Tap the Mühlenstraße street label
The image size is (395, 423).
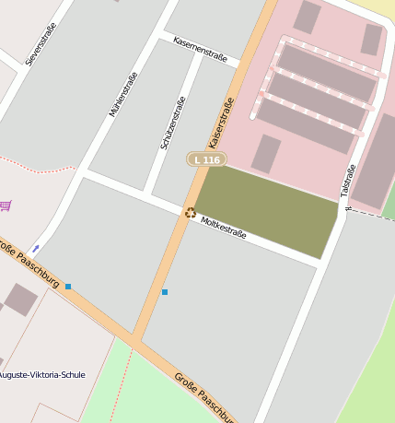click(x=123, y=94)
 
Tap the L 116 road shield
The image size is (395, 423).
click(x=206, y=159)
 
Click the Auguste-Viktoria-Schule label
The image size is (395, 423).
click(x=41, y=375)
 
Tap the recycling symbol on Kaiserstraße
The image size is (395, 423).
click(x=190, y=213)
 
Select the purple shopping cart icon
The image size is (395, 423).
click(x=6, y=205)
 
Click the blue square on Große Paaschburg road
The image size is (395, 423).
click(x=68, y=287)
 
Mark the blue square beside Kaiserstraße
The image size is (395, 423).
click(x=165, y=292)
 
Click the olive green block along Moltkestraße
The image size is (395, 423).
click(x=267, y=210)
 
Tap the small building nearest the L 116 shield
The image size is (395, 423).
click(x=266, y=154)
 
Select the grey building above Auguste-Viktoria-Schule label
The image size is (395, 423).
click(x=20, y=300)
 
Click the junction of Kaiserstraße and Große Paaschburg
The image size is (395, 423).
click(x=135, y=340)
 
